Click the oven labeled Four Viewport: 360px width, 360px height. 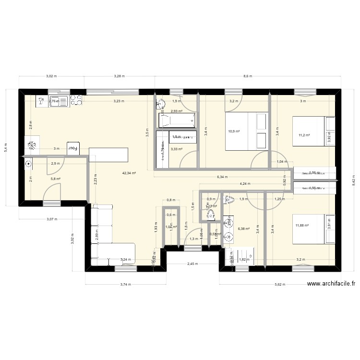pos(73,149)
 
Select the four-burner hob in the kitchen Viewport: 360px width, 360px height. pos(76,100)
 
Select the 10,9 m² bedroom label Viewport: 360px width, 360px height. pos(234,131)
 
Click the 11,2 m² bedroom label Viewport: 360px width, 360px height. pos(304,135)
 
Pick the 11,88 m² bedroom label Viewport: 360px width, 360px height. pos(302,225)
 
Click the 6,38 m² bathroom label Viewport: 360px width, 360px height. pos(244,229)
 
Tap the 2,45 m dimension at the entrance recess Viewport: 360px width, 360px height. pos(192,264)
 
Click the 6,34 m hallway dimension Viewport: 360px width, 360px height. pos(222,177)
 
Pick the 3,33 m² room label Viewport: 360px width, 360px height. pos(177,149)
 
